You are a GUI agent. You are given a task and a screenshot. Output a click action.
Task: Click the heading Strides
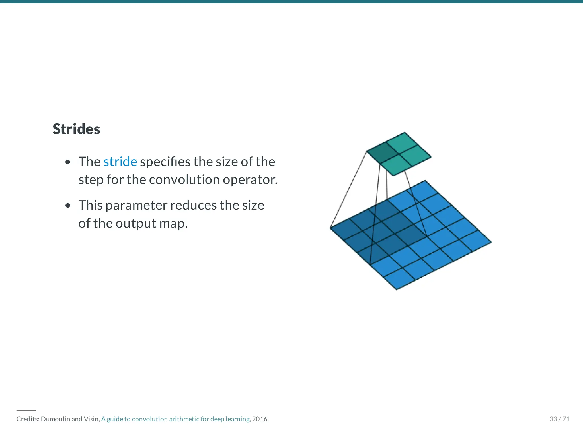pos(76,129)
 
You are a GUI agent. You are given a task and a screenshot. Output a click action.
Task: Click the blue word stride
pos(120,162)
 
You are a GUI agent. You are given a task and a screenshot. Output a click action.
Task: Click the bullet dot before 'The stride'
pos(68,162)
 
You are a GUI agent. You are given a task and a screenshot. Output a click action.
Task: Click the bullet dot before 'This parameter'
pos(68,206)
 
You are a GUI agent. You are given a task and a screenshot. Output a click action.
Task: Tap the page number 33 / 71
pos(559,419)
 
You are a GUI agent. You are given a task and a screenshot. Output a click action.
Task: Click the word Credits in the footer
pos(28,419)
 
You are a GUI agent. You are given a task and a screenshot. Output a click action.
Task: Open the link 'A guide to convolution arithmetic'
pos(175,419)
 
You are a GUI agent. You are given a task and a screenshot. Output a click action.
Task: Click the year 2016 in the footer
pos(260,419)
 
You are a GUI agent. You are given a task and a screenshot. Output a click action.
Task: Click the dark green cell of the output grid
pos(382,152)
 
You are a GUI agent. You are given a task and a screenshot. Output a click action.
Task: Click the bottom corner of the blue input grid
pos(397,289)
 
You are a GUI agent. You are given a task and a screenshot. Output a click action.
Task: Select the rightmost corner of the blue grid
pos(491,242)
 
